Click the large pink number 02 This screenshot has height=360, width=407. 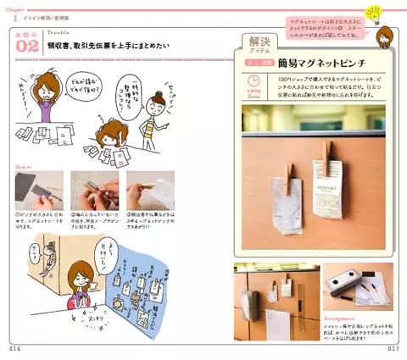pyautogui.click(x=26, y=49)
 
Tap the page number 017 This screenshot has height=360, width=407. pyautogui.click(x=393, y=348)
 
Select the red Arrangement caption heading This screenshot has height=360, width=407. pyautogui.click(x=341, y=318)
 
